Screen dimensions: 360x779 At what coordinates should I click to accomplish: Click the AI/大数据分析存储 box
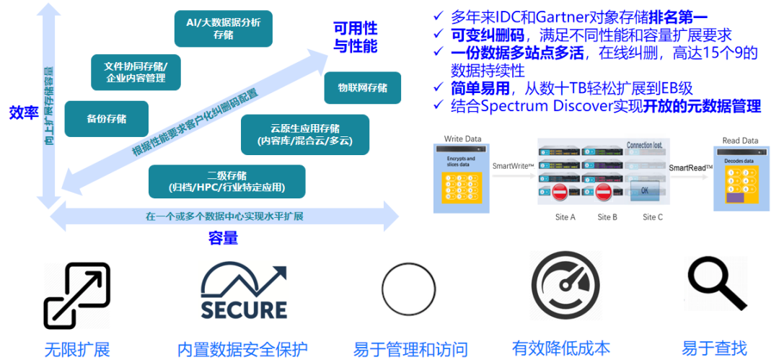(x=224, y=29)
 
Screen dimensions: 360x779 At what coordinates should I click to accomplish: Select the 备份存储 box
(x=107, y=119)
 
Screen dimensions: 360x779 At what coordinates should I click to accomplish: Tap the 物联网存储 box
(x=363, y=88)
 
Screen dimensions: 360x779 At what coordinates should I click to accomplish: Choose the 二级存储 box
(x=226, y=181)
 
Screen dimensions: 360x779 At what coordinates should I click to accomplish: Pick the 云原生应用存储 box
(x=305, y=134)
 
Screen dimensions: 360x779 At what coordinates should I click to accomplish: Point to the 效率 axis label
(x=23, y=113)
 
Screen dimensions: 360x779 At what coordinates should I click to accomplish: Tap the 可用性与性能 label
(x=355, y=38)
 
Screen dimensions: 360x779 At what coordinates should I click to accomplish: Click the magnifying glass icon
(x=715, y=284)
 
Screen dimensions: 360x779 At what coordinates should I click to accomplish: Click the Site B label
(x=607, y=217)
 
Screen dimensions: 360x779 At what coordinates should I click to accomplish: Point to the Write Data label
(x=462, y=139)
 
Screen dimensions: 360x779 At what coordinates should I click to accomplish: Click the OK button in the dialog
(x=644, y=190)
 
